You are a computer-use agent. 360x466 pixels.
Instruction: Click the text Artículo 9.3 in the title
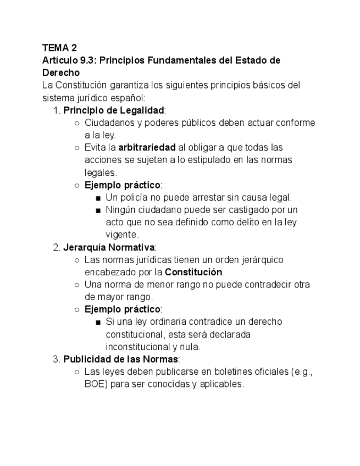(65, 60)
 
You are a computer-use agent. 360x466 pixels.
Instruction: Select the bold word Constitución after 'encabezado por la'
(193, 272)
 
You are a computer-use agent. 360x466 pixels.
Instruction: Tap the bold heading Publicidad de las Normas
(120, 359)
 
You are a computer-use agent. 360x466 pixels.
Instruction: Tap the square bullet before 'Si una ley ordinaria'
(98, 322)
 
